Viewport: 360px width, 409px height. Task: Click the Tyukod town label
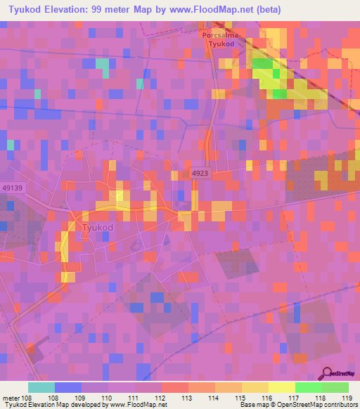[98, 228]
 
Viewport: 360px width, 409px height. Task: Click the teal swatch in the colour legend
[41, 387]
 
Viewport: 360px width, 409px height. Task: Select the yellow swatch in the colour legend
[281, 387]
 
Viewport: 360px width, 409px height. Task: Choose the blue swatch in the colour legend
[67, 387]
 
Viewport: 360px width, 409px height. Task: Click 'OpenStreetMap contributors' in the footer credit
[318, 405]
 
